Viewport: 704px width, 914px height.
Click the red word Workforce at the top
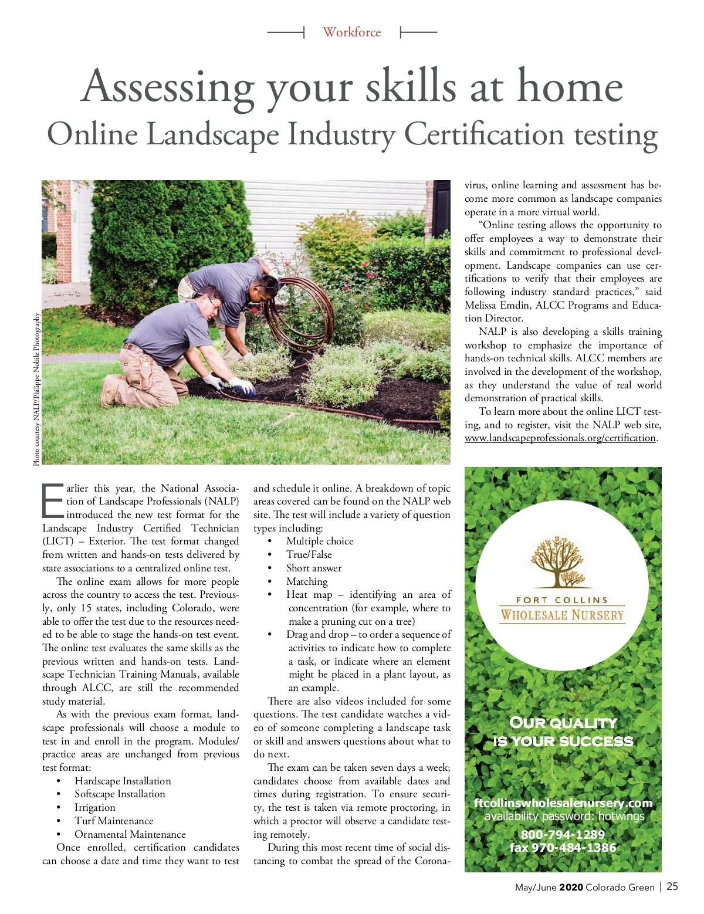coord(351,32)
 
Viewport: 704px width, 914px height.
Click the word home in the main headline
coord(569,87)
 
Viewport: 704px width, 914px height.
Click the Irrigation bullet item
coord(94,807)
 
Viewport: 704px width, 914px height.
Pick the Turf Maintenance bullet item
coord(114,821)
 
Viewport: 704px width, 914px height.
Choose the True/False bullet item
coord(309,554)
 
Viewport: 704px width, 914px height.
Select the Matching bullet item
coord(307,581)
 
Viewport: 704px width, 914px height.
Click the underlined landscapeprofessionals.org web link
coord(560,438)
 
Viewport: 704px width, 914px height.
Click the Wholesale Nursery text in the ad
coord(562,615)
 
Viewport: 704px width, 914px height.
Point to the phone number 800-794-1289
coord(563,834)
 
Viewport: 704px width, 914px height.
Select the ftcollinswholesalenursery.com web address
coord(563,803)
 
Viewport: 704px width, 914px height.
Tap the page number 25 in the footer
coord(672,886)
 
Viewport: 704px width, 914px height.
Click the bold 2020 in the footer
coord(571,887)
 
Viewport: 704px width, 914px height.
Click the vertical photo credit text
coord(36,390)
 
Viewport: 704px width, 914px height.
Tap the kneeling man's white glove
coord(242,387)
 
